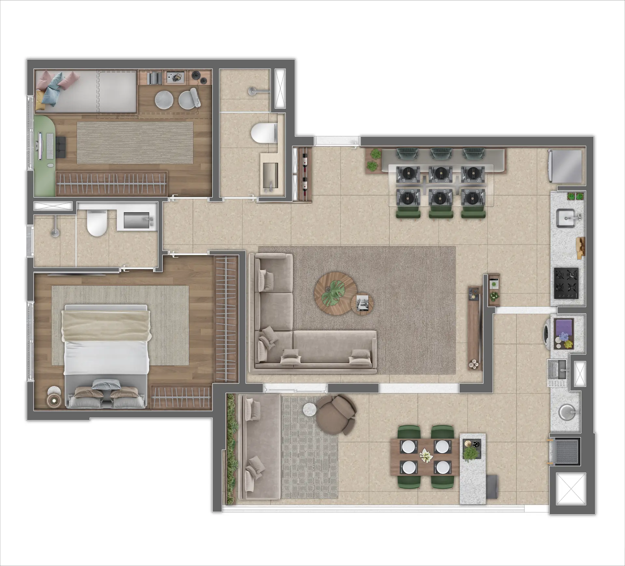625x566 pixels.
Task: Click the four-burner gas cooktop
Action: click(x=566, y=283)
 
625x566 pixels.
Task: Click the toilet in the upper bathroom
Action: click(x=263, y=133)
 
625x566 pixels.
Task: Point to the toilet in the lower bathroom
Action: click(x=96, y=223)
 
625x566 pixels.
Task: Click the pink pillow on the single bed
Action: click(x=70, y=78)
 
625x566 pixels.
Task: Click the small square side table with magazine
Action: click(x=362, y=303)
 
